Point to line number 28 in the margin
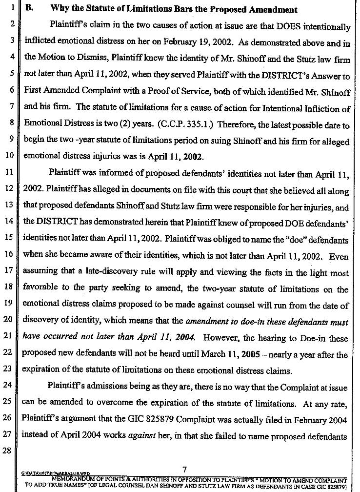pyautogui.click(x=11, y=438)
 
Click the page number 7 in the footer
pyautogui.click(x=184, y=470)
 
